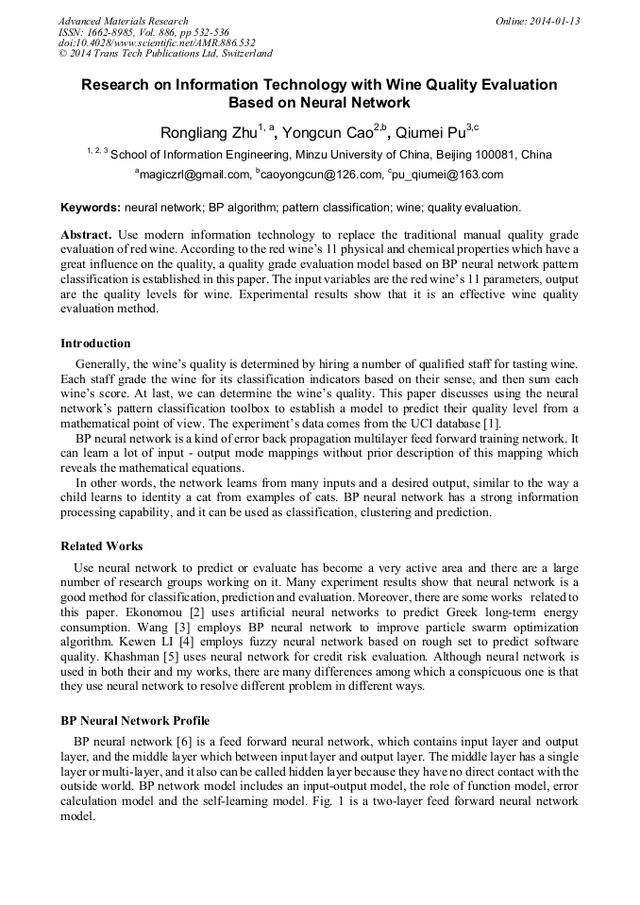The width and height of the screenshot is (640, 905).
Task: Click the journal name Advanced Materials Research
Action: tap(124, 21)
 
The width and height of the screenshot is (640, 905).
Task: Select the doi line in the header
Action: tap(157, 42)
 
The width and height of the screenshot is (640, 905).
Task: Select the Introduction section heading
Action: tap(95, 343)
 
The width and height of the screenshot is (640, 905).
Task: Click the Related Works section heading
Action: tap(102, 545)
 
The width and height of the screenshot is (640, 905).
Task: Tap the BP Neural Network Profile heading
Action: tap(135, 720)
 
